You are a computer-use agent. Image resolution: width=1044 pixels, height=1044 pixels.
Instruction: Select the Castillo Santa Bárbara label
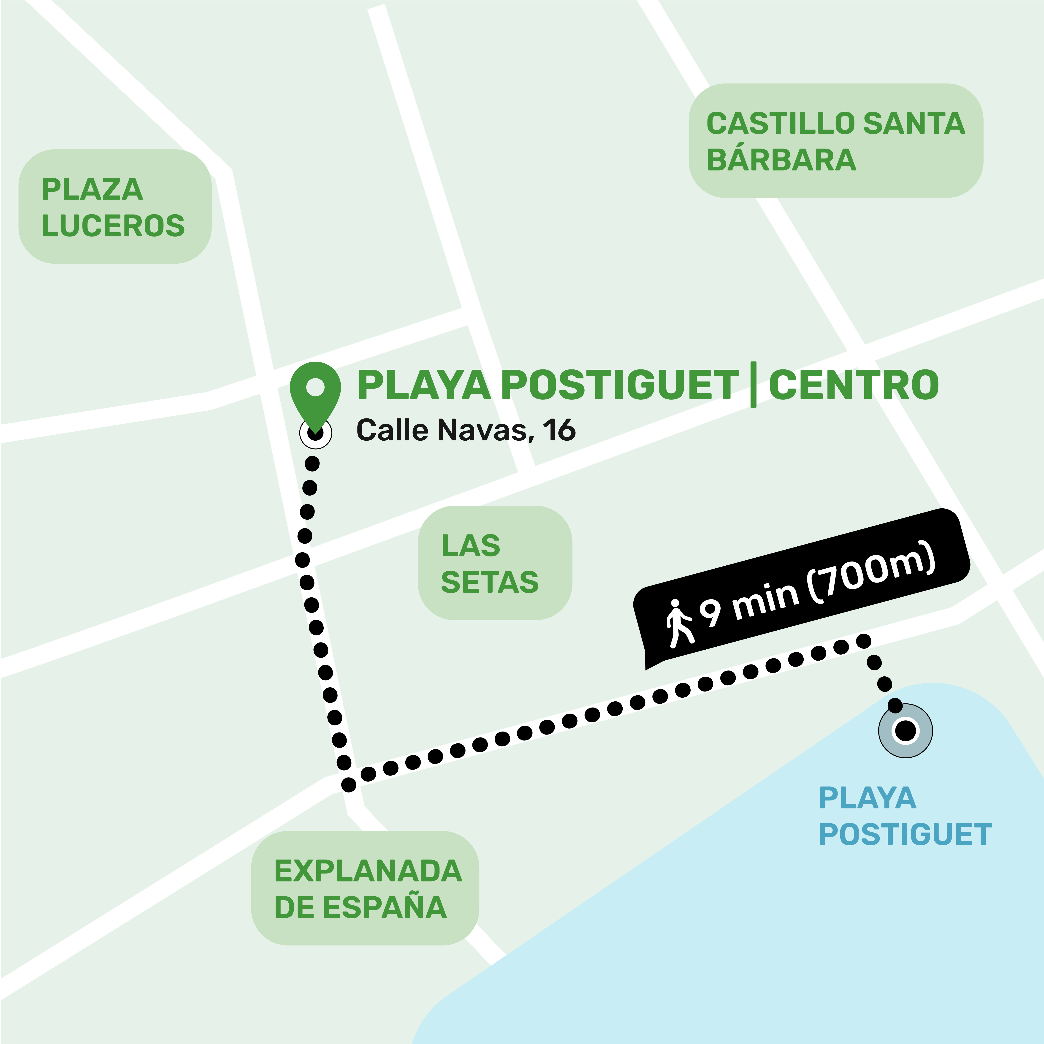pos(835,141)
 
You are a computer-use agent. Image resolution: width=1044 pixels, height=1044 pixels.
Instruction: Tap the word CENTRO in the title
pos(854,385)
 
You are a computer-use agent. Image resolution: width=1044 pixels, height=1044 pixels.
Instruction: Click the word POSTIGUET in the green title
pos(620,385)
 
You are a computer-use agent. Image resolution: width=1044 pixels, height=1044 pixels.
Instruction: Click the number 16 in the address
pos(559,430)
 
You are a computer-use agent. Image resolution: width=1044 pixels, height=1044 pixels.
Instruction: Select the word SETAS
pos(490,582)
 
